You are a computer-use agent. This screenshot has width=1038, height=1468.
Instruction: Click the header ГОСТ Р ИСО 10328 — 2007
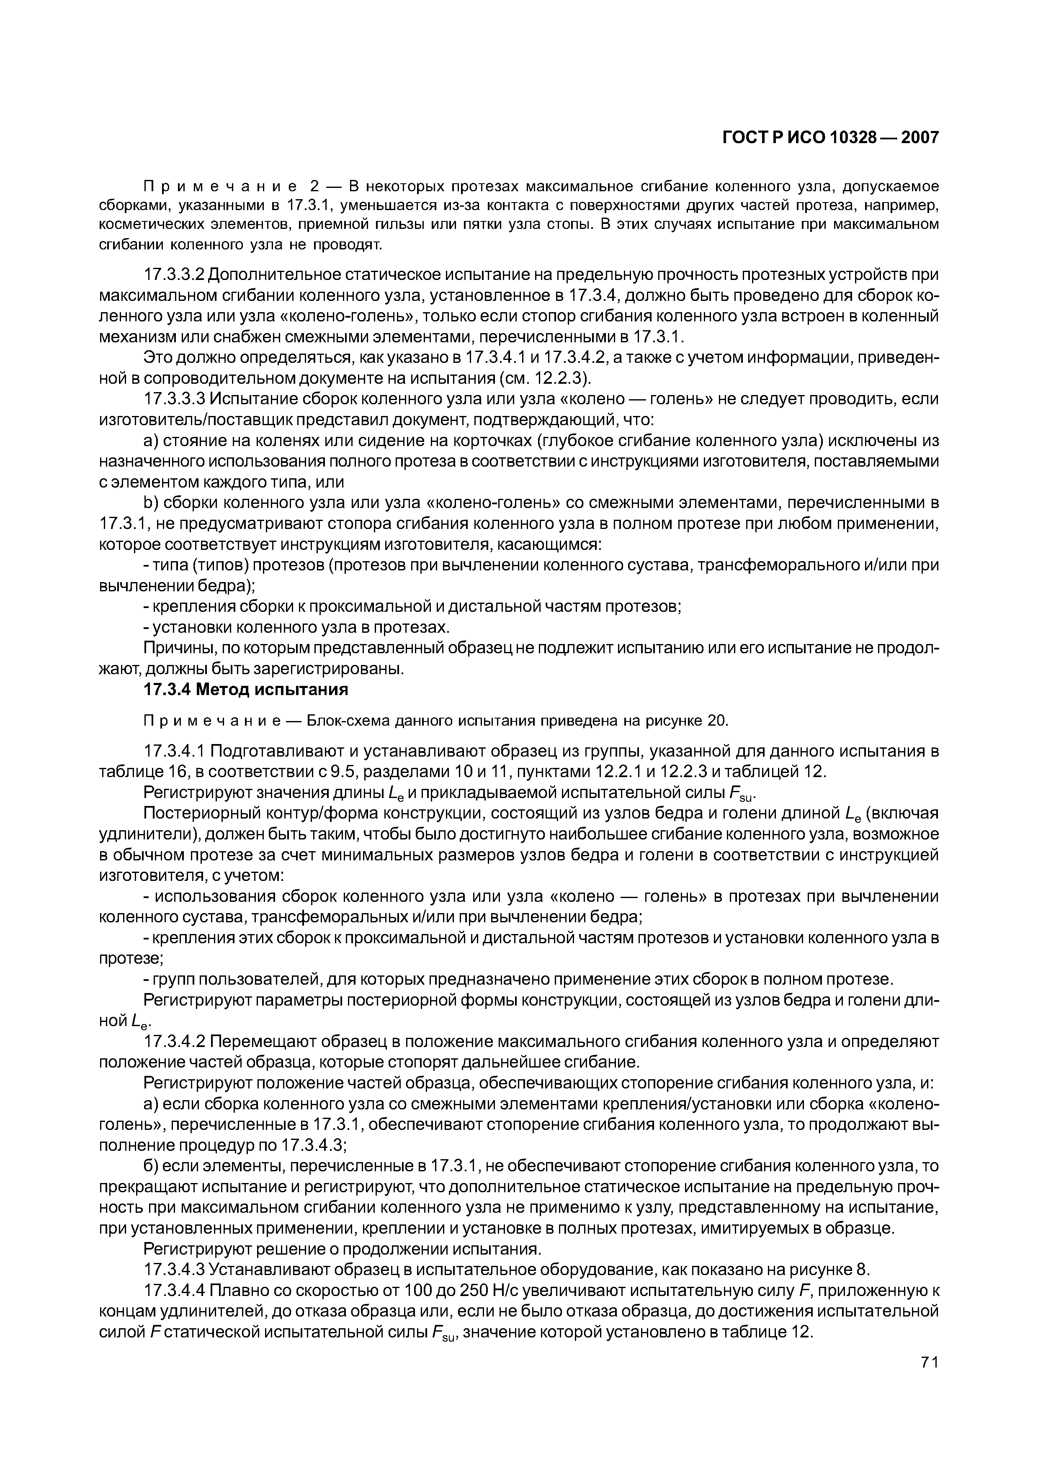830,137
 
